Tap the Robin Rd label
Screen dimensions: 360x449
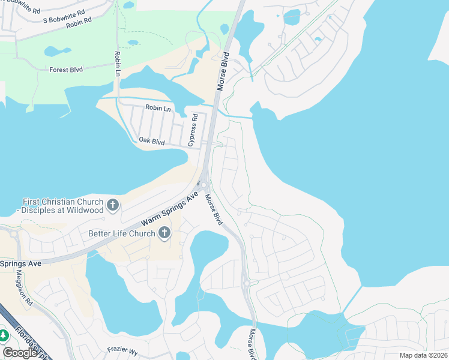(79, 23)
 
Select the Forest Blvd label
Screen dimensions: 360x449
(66, 70)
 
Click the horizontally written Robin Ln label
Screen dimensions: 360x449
(158, 109)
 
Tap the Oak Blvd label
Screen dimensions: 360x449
(151, 141)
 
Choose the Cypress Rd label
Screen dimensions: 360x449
(193, 131)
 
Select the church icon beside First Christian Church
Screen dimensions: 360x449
(112, 206)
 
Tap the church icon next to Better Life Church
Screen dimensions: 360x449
(164, 234)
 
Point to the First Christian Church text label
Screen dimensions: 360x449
(62, 206)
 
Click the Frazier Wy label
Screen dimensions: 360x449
(122, 349)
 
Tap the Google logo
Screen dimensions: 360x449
(20, 352)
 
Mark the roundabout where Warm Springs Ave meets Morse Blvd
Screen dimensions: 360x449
(204, 185)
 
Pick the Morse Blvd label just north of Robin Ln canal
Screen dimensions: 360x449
(223, 71)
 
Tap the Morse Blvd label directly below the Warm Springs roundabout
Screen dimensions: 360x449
(213, 210)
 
